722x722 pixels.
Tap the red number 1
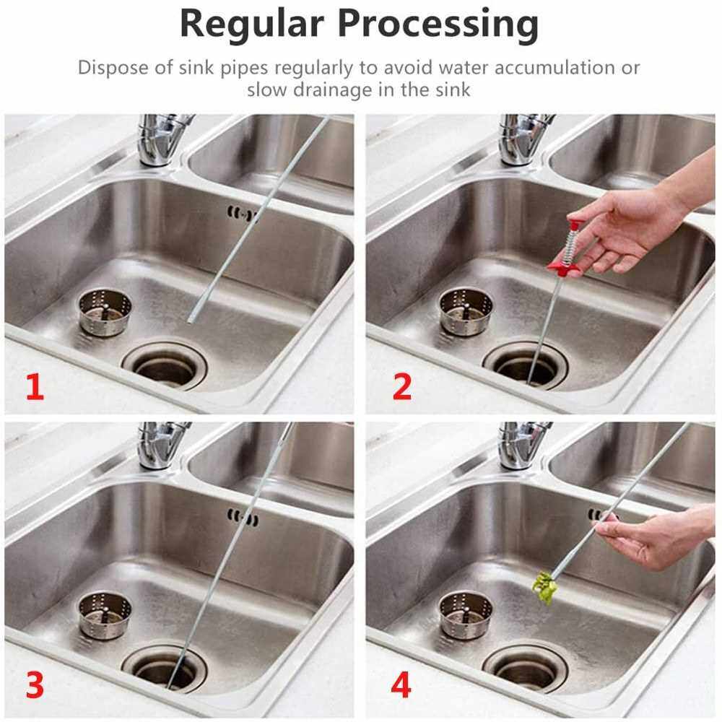[35, 387]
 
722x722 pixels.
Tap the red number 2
[402, 387]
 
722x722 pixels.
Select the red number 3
[35, 685]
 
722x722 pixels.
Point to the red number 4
[401, 685]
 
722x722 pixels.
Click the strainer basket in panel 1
[105, 312]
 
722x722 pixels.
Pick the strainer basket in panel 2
[466, 312]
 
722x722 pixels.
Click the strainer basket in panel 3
[105, 616]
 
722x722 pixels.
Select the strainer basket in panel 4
[466, 616]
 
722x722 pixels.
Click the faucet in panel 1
[163, 139]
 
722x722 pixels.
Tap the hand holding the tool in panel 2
[635, 221]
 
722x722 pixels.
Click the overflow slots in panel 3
[243, 518]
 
